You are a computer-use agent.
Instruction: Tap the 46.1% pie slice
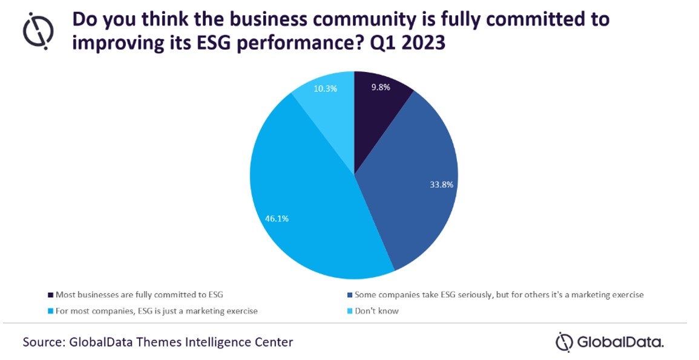click(303, 200)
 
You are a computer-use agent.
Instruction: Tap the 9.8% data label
click(380, 87)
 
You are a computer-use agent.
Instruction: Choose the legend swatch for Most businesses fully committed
click(50, 295)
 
